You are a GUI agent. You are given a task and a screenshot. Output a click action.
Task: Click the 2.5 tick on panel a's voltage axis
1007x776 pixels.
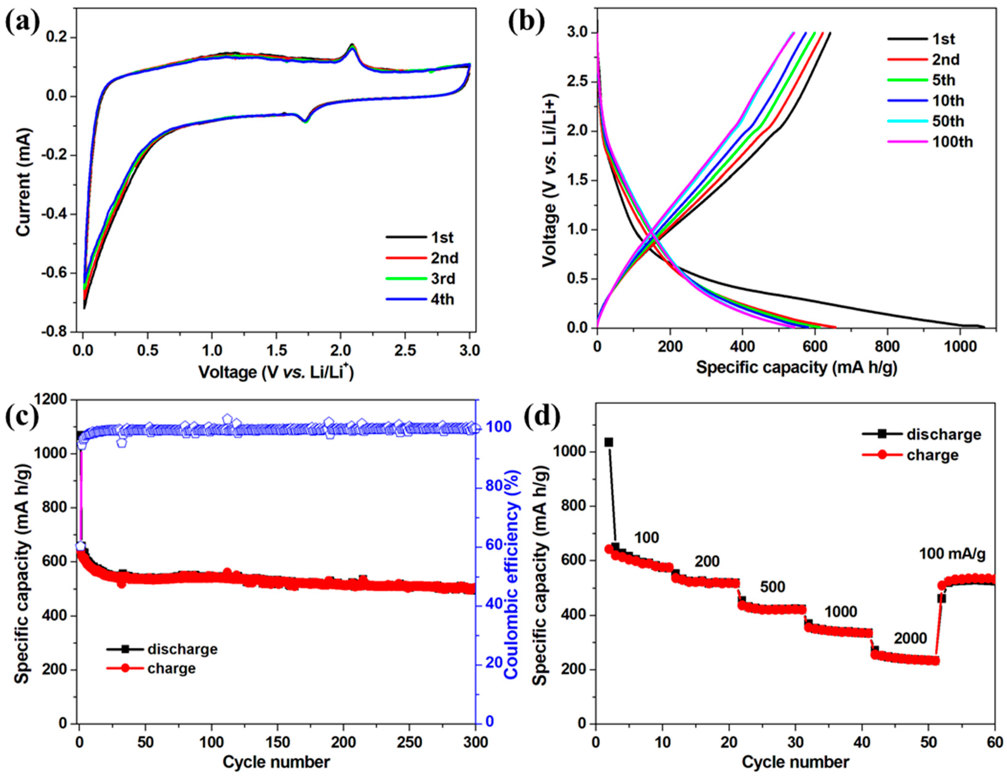point(405,351)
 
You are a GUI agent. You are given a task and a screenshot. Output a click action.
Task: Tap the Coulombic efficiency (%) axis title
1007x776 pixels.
point(512,575)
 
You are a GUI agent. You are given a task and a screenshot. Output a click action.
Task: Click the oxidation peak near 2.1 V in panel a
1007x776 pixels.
point(352,45)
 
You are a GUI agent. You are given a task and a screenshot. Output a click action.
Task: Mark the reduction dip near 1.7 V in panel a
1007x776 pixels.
point(305,121)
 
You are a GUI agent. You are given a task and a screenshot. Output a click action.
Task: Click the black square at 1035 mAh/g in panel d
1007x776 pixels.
point(609,442)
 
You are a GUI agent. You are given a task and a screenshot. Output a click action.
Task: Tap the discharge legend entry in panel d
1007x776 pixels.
point(943,434)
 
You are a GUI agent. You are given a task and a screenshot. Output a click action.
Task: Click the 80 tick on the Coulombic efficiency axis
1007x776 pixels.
point(492,486)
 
